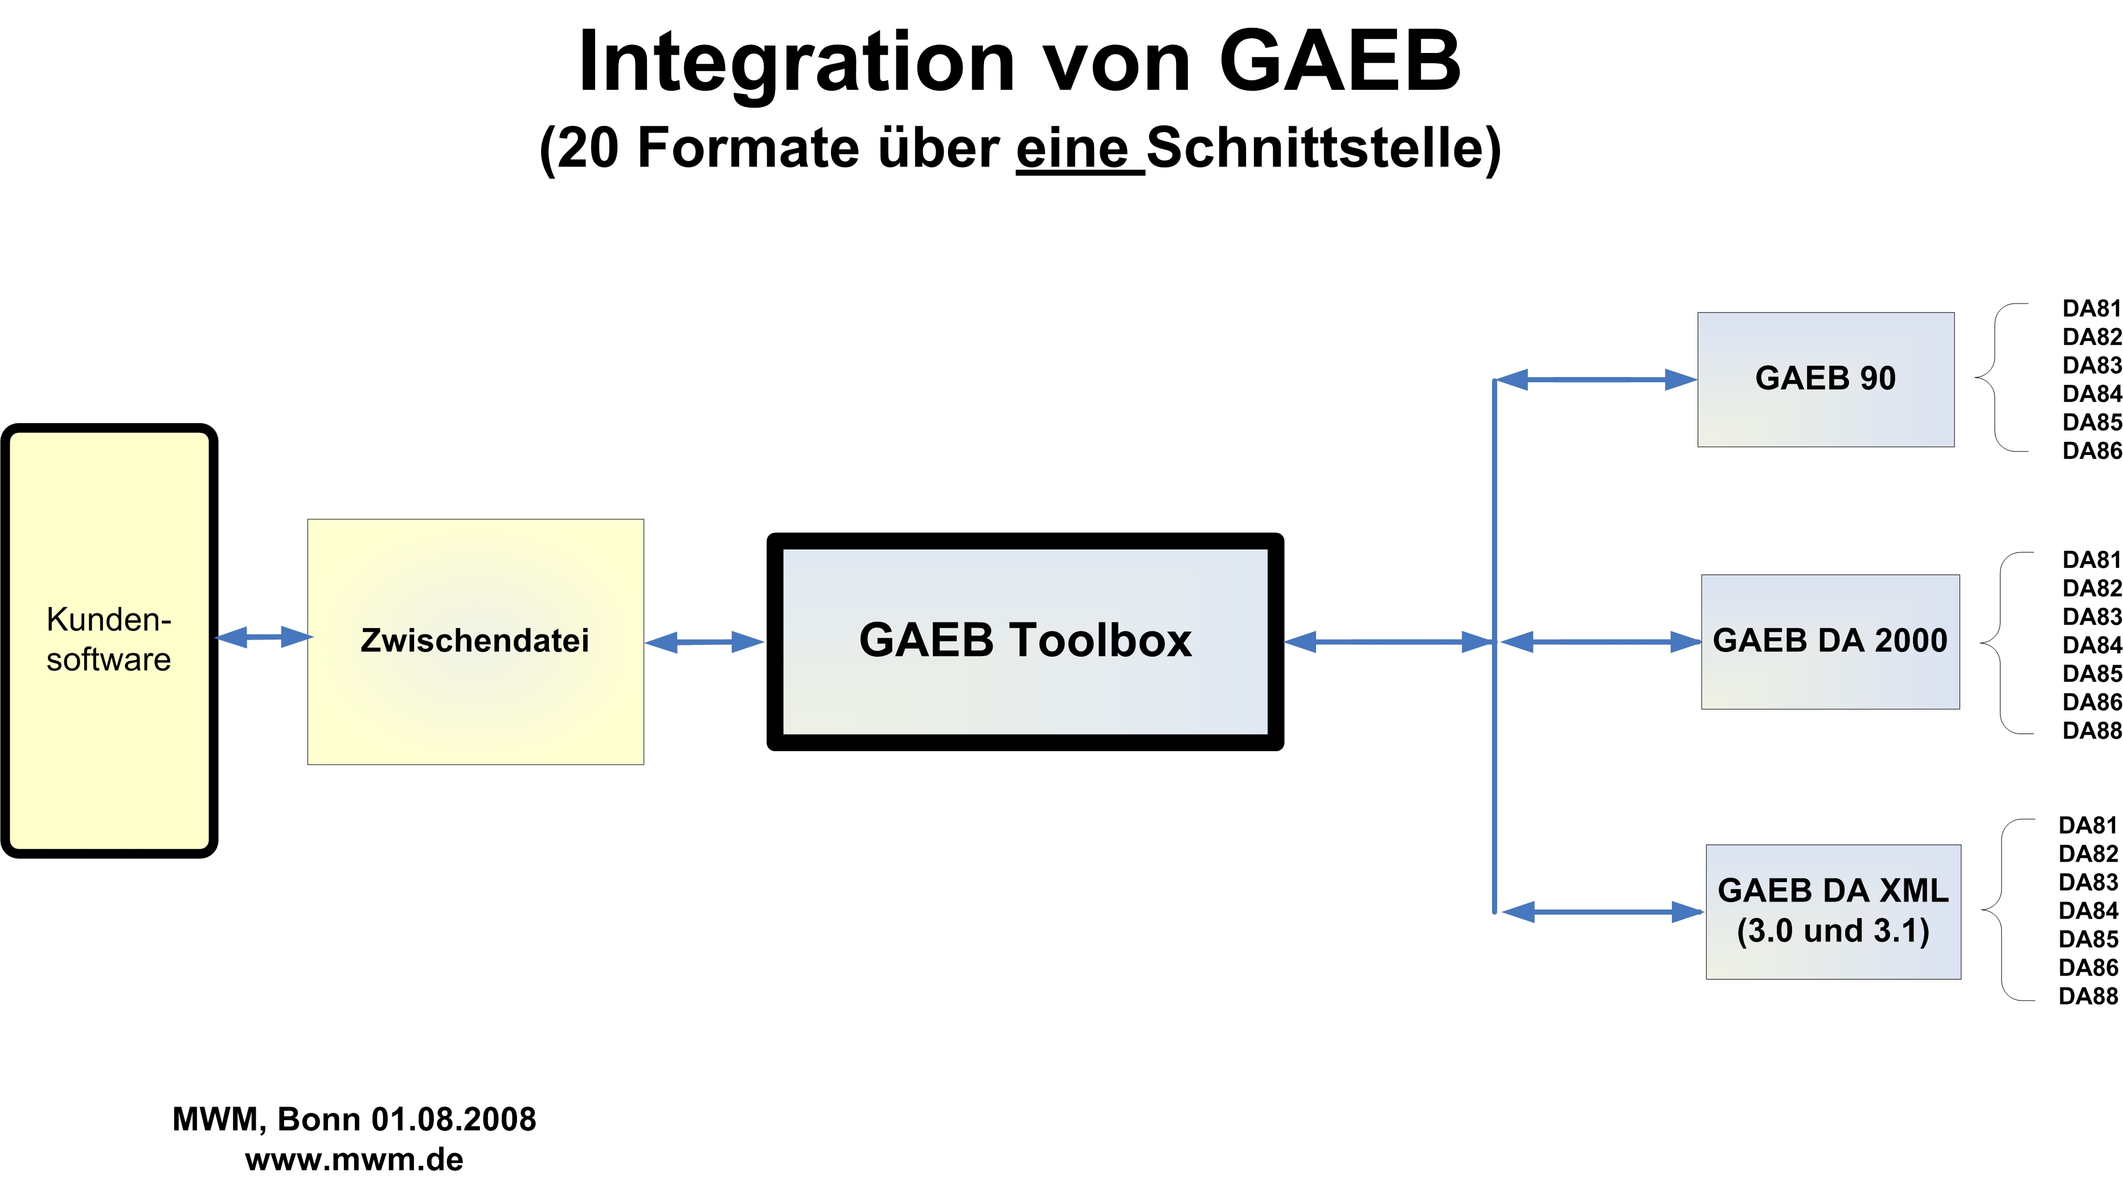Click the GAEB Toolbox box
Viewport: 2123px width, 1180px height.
pos(1025,641)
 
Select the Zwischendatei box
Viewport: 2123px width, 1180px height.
pos(476,642)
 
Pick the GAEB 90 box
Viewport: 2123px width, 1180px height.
pos(1826,379)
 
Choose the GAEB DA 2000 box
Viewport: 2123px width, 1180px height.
pos(1830,642)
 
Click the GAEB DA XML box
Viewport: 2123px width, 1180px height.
pos(1833,911)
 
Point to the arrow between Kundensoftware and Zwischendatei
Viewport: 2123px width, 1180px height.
pos(264,637)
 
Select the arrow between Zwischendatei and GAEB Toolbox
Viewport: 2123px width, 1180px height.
pos(704,642)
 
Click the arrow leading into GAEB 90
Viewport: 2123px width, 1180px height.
pos(1596,380)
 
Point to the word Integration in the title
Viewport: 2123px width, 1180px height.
pos(796,64)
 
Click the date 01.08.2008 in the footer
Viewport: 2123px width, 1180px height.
pos(453,1119)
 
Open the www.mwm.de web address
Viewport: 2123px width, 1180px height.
pos(354,1159)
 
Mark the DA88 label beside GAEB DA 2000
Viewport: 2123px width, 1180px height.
pos(2092,731)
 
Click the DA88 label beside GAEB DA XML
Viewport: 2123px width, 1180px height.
pos(2088,996)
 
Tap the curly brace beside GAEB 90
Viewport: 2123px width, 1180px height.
pos(1994,378)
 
